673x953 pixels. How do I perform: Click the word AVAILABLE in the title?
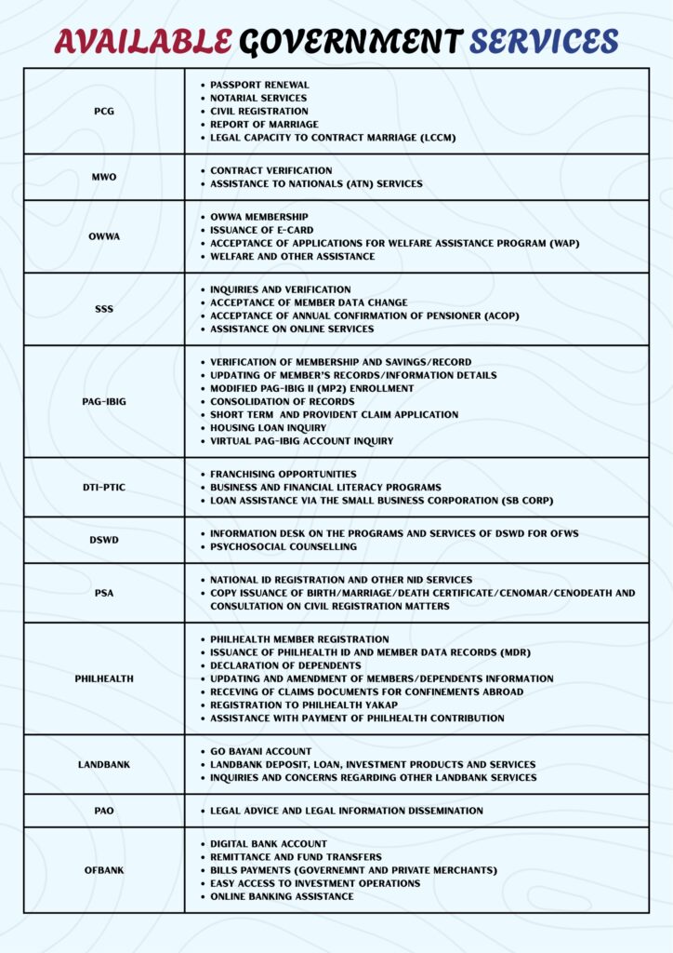pyautogui.click(x=142, y=40)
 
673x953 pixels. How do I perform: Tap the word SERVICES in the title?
pyautogui.click(x=544, y=40)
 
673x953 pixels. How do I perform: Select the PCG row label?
pyautogui.click(x=104, y=111)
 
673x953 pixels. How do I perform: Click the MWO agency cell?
pyautogui.click(x=104, y=177)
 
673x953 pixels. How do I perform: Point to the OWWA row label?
pyautogui.click(x=104, y=236)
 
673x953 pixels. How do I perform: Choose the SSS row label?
pyautogui.click(x=104, y=309)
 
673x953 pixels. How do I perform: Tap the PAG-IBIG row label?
pyautogui.click(x=104, y=401)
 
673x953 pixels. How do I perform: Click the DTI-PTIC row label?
pyautogui.click(x=104, y=487)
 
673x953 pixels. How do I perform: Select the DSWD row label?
pyautogui.click(x=104, y=540)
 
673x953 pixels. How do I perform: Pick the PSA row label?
pyautogui.click(x=104, y=593)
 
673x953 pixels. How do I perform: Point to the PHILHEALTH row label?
pyautogui.click(x=104, y=678)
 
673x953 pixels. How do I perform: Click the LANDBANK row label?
pyautogui.click(x=104, y=764)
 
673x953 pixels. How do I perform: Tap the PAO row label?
pyautogui.click(x=104, y=811)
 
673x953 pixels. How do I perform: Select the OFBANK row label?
pyautogui.click(x=104, y=870)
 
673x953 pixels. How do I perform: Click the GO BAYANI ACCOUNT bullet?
pyautogui.click(x=260, y=751)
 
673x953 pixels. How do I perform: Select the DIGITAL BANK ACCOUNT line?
pyautogui.click(x=268, y=844)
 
